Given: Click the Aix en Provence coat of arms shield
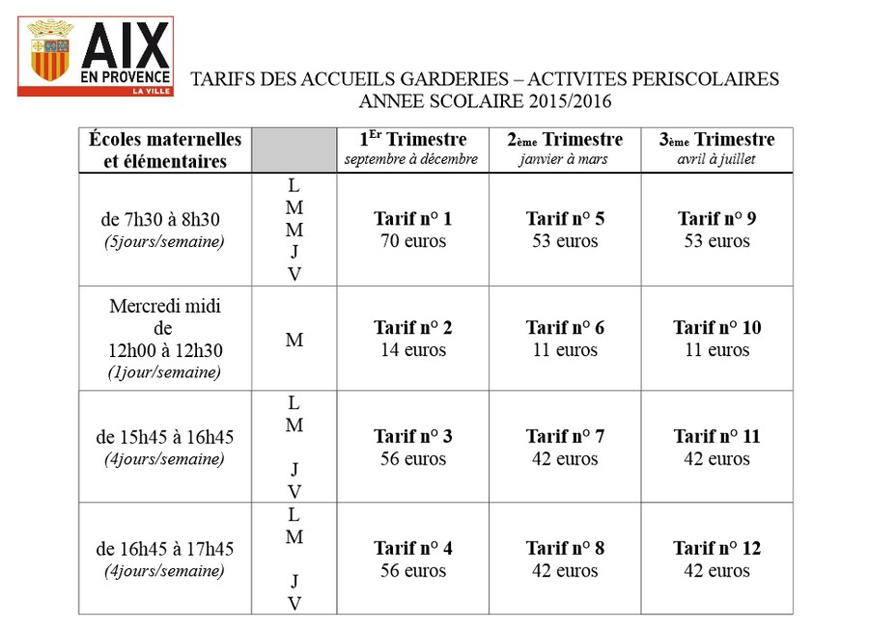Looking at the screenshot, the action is pos(50,60).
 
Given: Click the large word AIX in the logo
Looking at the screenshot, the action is pos(126,45).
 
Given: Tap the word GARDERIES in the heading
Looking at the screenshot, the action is pos(454,79).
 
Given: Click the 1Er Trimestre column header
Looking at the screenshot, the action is pos(413,139).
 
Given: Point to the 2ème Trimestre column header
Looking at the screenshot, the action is pos(565,140).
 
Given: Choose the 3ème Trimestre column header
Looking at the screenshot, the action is pos(716,140).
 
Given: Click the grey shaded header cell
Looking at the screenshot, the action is pos(294,151).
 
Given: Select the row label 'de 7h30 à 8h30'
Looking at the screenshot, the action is pos(160,219).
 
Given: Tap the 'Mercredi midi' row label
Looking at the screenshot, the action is pos(165,306).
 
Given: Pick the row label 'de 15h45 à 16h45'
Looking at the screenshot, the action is pos(164,437).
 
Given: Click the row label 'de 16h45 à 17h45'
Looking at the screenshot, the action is pos(164,549).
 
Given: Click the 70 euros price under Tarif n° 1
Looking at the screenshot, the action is pos(413,241).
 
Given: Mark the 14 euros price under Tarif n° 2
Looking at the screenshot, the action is pos(413,350).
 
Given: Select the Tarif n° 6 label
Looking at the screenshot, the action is pos(565,327).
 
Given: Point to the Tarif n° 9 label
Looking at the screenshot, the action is pos(716,219).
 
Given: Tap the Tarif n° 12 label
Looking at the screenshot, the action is pos(716,548).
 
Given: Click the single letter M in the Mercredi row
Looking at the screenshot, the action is pos(294,340).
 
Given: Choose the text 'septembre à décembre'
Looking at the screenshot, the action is pos(410,159).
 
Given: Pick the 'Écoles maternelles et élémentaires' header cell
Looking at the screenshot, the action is pos(165,151).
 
